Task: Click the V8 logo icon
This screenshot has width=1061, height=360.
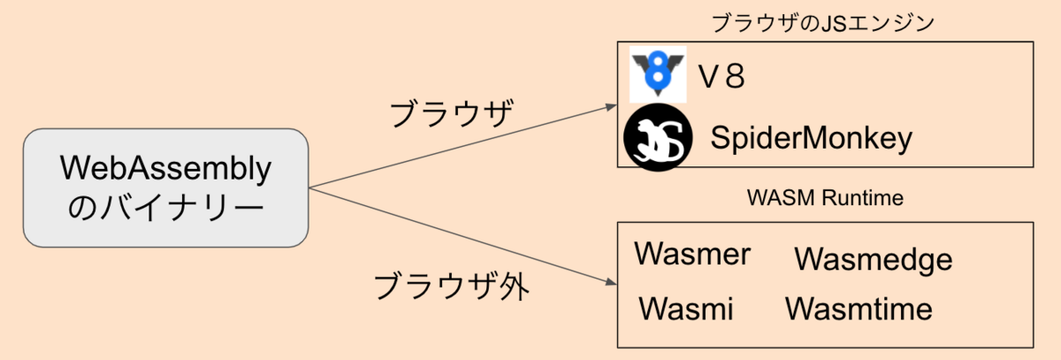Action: pos(658,75)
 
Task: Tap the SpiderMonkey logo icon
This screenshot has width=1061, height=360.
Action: pos(657,139)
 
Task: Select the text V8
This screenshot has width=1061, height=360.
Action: pos(721,77)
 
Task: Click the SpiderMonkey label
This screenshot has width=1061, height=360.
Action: pos(811,139)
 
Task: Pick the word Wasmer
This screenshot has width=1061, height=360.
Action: pos(692,255)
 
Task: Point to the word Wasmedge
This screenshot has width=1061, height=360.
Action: pos(873,259)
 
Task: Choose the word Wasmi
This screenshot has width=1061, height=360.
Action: pos(685,309)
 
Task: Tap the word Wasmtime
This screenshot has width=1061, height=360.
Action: pos(859,309)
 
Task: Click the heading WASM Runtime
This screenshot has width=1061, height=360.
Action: pos(825,198)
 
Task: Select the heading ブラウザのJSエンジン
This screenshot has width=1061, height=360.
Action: pos(823,23)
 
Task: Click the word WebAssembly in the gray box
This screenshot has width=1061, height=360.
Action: pos(165,169)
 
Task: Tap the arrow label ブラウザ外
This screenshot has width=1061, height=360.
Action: pos(451,286)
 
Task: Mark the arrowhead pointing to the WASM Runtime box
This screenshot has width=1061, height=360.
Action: pos(611,282)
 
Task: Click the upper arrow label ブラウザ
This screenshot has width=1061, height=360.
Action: pos(452,115)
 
